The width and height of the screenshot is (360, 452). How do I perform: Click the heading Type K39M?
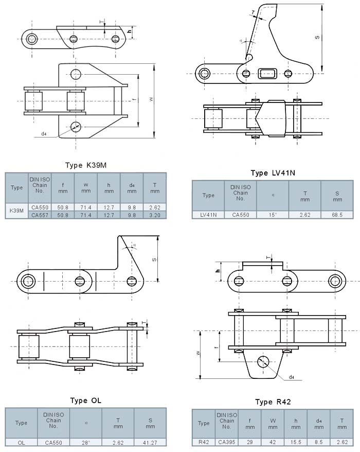coord(85,165)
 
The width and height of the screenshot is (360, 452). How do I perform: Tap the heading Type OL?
coord(85,401)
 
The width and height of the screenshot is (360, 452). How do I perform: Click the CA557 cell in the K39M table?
coord(40,215)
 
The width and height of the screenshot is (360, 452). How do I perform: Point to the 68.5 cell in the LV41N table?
coord(337,215)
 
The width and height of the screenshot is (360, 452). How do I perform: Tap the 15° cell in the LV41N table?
coord(273,215)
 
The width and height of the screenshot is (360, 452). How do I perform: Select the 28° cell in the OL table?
coord(85,442)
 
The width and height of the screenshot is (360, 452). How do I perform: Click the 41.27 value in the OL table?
coord(150,442)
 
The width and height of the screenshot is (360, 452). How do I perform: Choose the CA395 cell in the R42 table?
coord(226,442)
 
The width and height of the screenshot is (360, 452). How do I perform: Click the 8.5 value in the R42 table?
coord(319,442)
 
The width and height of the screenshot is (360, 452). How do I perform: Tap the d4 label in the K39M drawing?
coord(44,134)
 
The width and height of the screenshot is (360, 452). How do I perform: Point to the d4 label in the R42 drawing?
coord(292,377)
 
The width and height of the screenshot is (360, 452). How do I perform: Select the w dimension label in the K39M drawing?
coord(151,100)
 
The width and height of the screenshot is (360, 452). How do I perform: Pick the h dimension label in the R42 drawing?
coord(218,271)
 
